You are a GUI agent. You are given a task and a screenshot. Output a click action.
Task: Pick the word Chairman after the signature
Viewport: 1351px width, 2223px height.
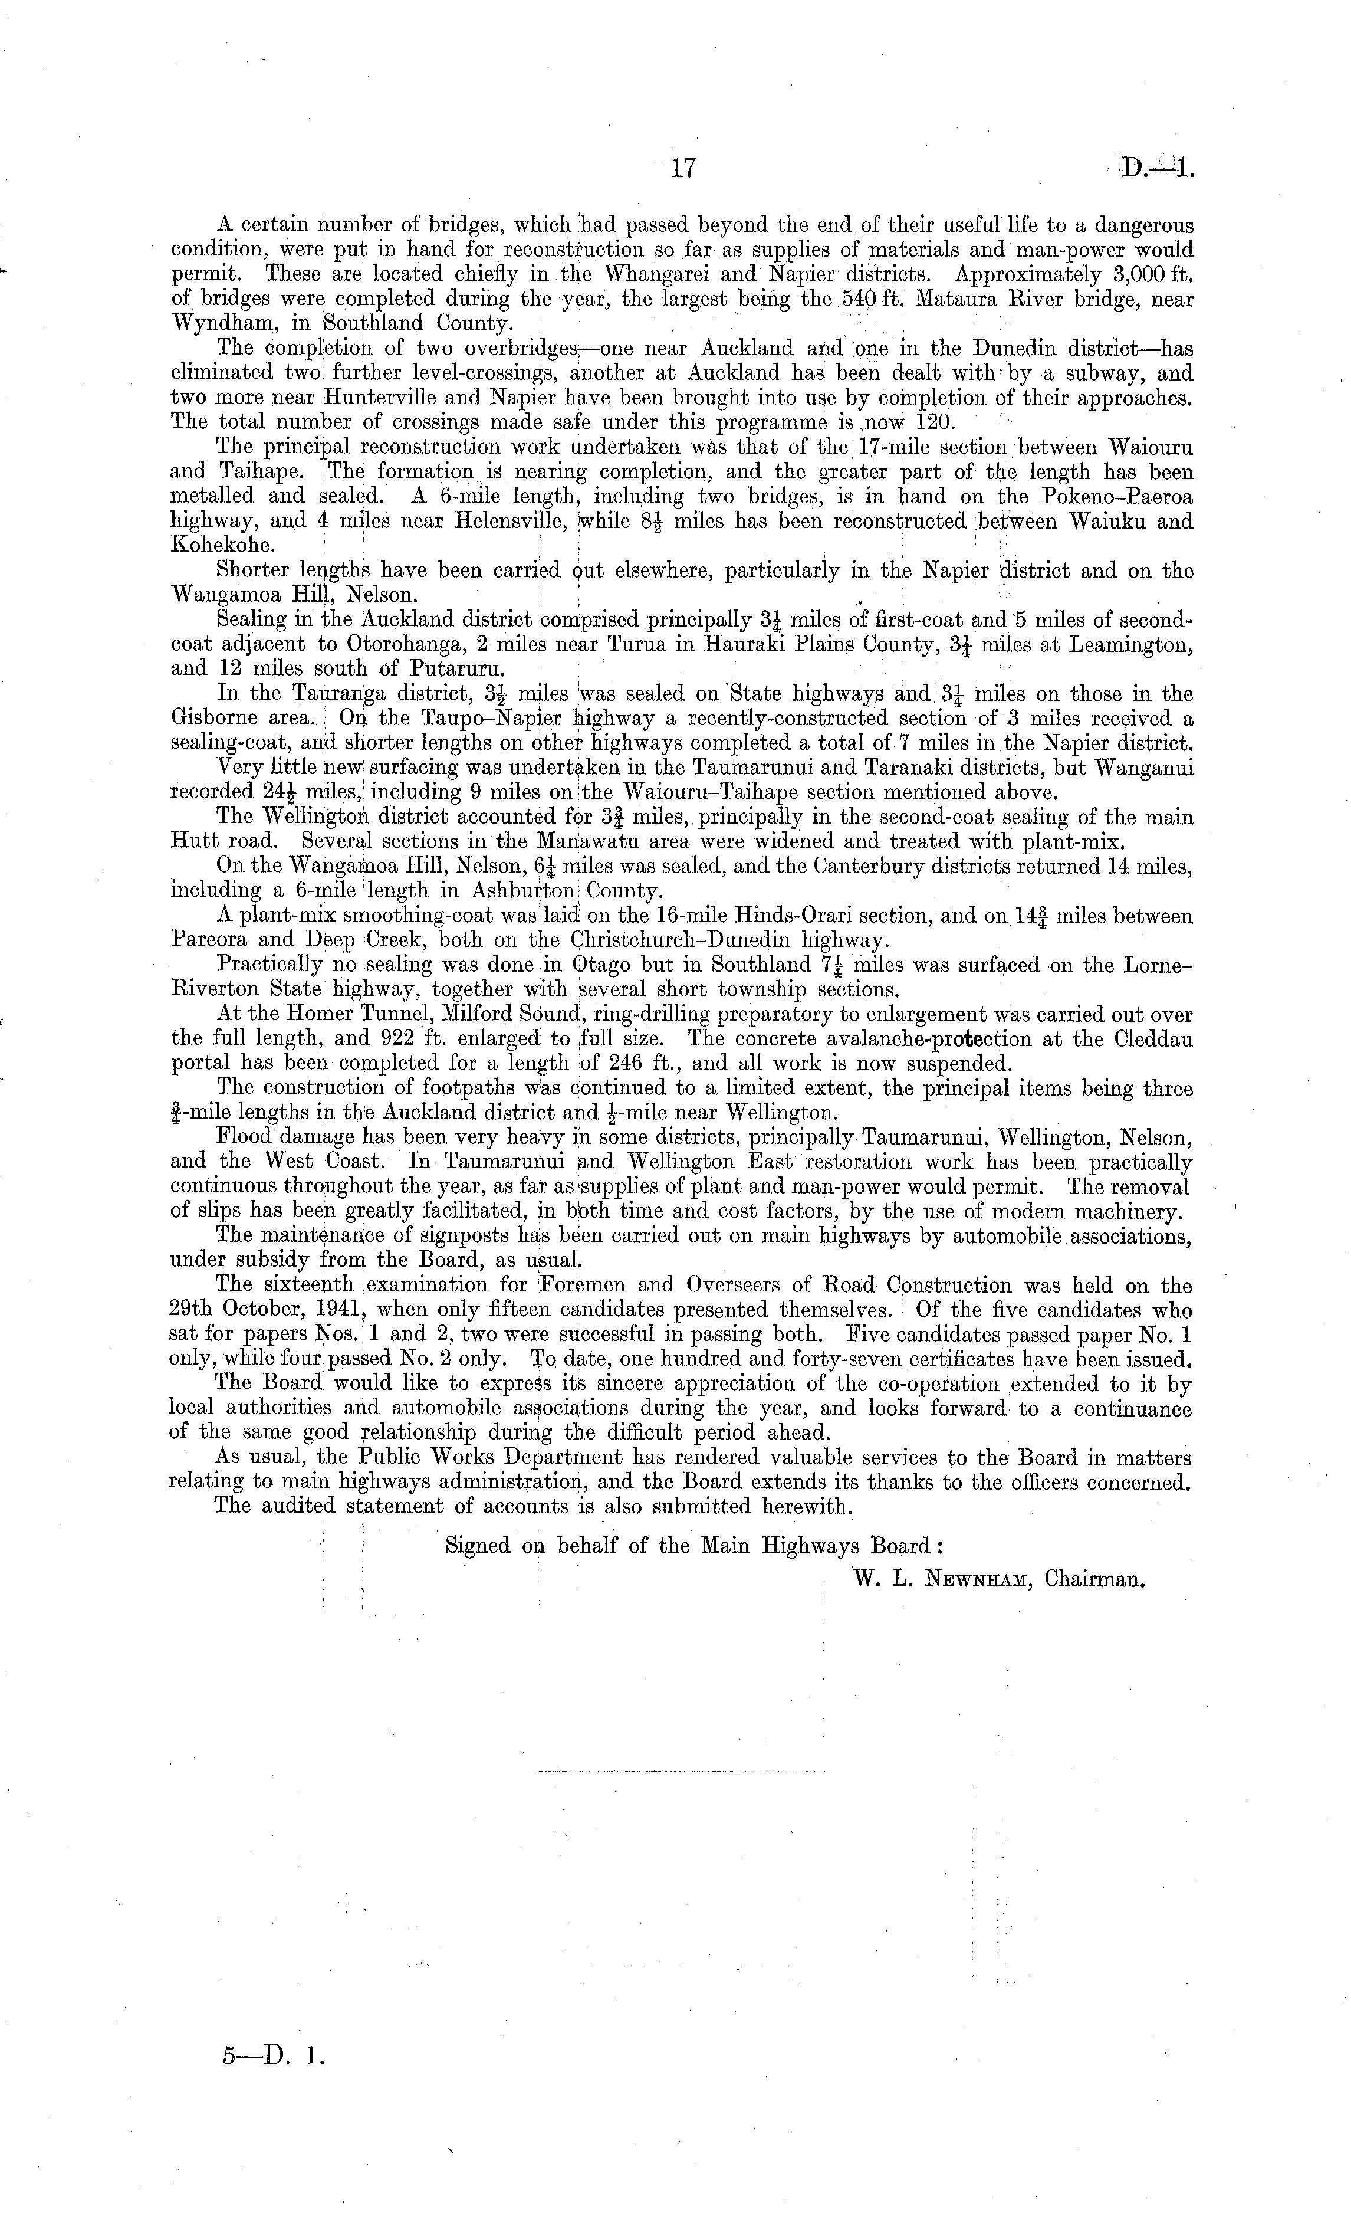[1094, 1580]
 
